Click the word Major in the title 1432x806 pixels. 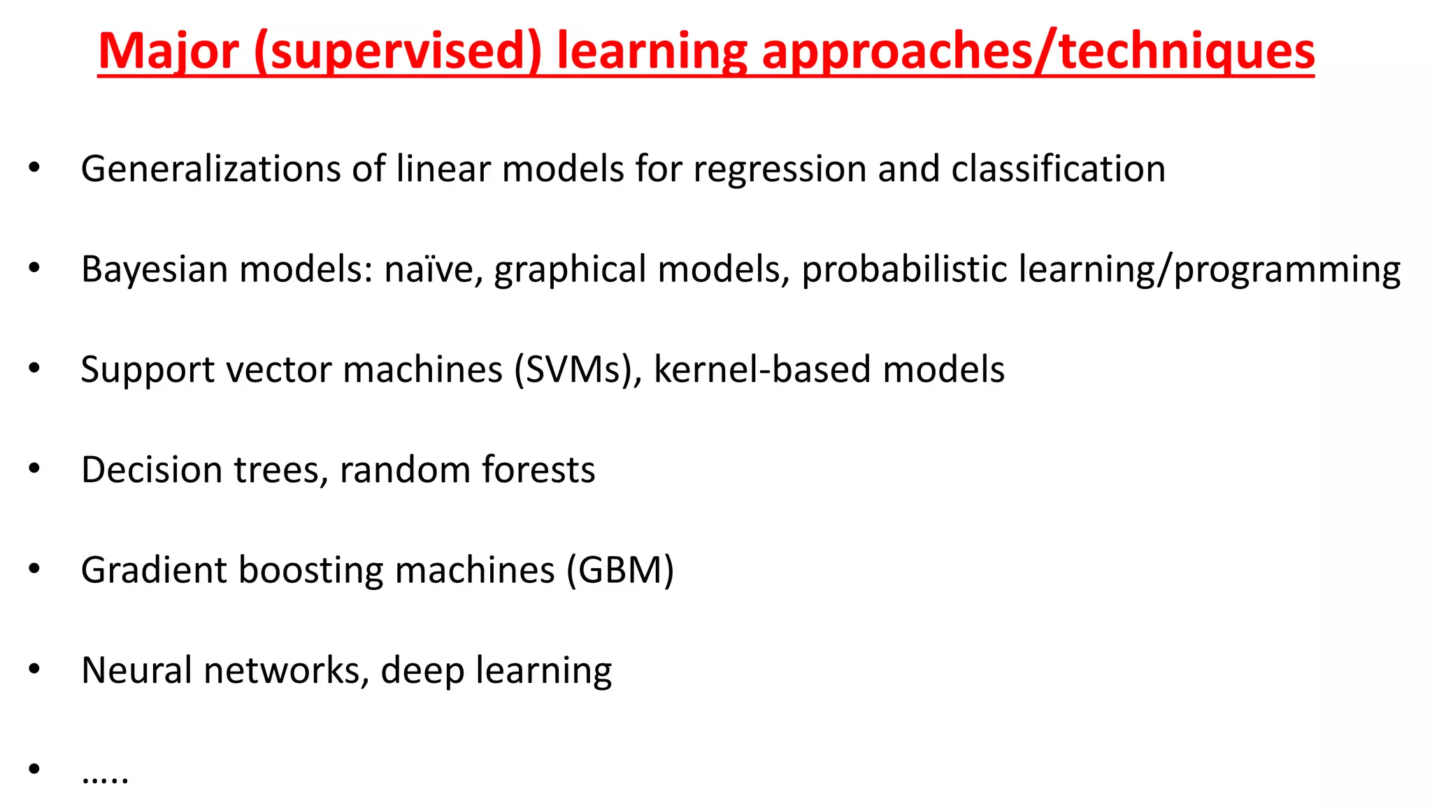click(x=169, y=52)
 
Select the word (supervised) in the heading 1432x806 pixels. click(x=398, y=52)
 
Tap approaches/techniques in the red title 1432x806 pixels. click(x=1038, y=52)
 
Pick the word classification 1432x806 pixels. click(x=1058, y=169)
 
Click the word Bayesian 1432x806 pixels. click(x=155, y=270)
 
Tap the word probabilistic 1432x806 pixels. click(x=905, y=270)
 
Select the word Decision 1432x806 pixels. click(x=152, y=469)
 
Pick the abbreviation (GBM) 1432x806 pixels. click(x=620, y=570)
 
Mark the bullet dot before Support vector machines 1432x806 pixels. click(x=34, y=368)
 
